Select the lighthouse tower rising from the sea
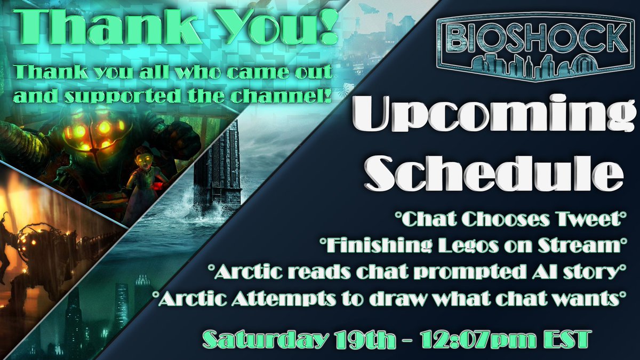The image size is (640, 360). pos(217,165)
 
